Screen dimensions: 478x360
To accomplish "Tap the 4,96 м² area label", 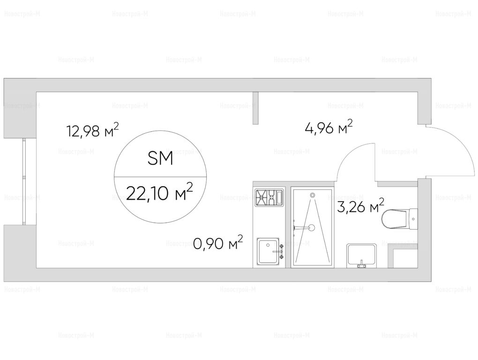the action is (329, 127).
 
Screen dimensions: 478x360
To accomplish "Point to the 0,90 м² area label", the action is (218, 243).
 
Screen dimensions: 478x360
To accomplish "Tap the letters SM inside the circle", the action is (160, 158).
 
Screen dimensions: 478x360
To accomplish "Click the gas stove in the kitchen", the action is (269, 197).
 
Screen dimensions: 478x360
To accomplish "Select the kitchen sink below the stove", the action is (268, 252).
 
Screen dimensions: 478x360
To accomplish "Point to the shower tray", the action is (311, 227).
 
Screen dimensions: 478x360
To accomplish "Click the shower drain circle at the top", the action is (312, 195).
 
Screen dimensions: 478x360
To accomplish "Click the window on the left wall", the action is (24, 181).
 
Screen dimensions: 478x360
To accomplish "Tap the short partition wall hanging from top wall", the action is (256, 108).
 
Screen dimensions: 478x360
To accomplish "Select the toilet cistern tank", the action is (413, 219).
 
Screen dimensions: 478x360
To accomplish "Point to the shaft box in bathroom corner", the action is (403, 256).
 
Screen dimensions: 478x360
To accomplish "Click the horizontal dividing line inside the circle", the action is (160, 177).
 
